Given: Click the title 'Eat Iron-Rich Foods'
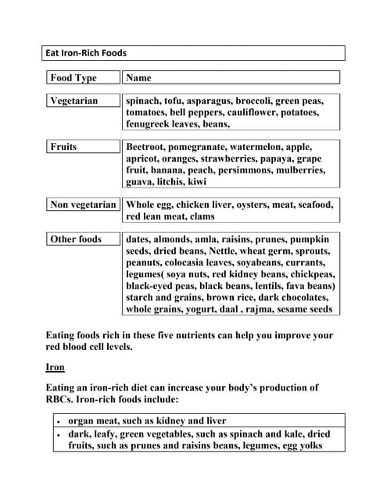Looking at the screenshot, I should tap(87, 53).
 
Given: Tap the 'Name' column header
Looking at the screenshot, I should tap(138, 78).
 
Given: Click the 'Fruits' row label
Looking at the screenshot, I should tap(63, 147).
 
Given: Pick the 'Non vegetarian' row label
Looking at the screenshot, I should tap(83, 205).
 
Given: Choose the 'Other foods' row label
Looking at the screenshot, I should tap(76, 239).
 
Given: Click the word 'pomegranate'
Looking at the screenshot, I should tap(209, 147).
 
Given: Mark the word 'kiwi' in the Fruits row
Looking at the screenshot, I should tap(196, 182).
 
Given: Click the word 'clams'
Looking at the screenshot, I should tap(201, 216).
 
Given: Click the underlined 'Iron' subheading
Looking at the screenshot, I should tap(56, 367).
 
